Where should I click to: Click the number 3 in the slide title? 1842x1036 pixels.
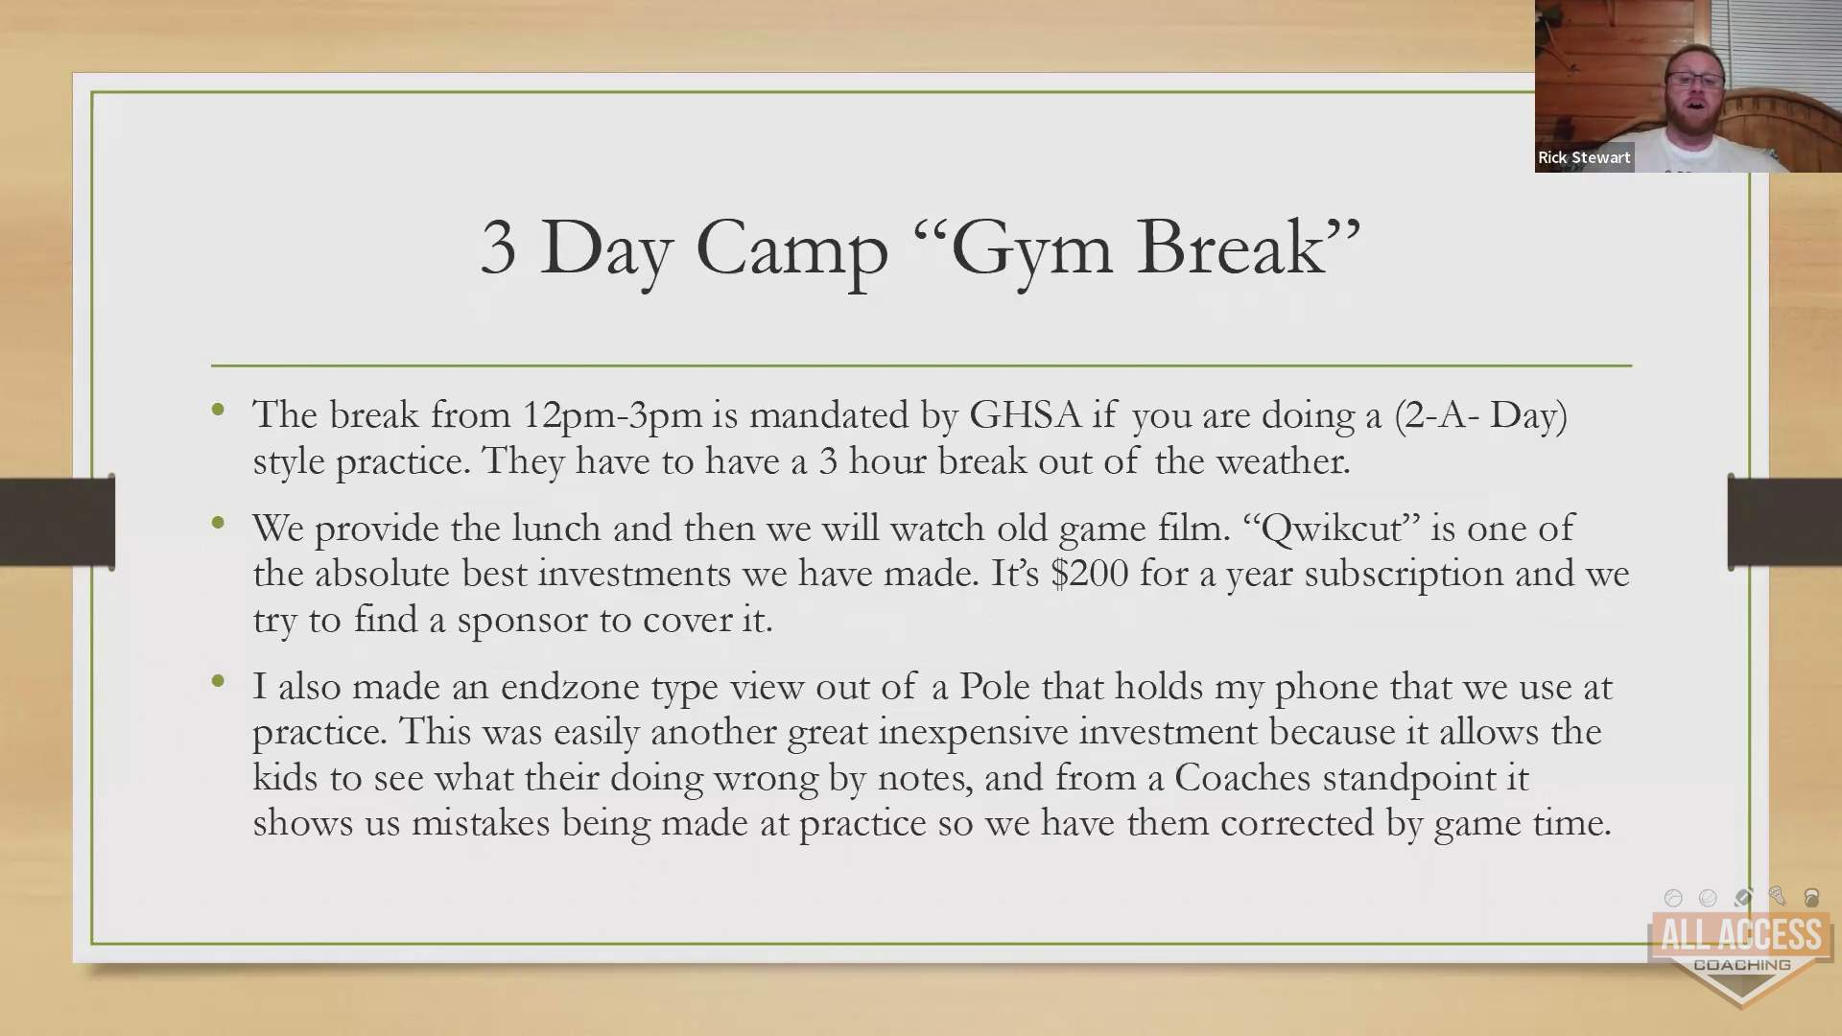[498, 247]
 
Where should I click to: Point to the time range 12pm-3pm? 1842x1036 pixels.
[612, 415]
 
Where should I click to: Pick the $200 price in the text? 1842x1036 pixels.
[1089, 573]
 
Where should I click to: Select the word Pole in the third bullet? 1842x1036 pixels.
[995, 686]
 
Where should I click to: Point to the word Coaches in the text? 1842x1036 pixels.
[1242, 777]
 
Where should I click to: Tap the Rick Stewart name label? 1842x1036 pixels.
[1584, 157]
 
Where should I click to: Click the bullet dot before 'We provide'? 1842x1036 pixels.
[219, 524]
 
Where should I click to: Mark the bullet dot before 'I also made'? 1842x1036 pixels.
[219, 682]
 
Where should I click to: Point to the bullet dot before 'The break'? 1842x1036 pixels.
[219, 411]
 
